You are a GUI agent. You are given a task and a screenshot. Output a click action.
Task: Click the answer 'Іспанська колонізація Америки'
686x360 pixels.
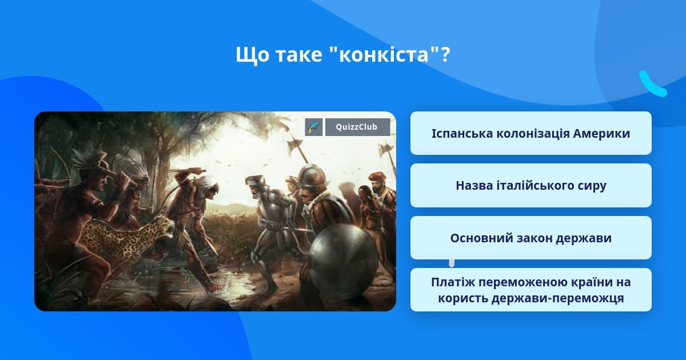pyautogui.click(x=531, y=133)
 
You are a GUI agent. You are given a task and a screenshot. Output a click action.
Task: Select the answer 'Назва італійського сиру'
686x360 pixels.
pyautogui.click(x=531, y=186)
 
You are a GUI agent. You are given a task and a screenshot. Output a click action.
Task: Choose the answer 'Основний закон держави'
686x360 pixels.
pyautogui.click(x=531, y=238)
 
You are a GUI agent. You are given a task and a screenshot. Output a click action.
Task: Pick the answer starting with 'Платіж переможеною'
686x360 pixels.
pyautogui.click(x=531, y=290)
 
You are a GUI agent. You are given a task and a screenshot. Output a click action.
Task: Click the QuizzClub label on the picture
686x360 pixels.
pyautogui.click(x=357, y=127)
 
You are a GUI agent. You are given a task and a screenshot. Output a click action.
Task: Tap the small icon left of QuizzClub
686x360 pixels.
pyautogui.click(x=314, y=127)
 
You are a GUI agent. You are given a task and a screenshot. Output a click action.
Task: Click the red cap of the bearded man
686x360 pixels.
pyautogui.click(x=377, y=177)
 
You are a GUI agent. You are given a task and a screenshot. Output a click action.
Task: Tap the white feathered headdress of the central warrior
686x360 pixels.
pyautogui.click(x=208, y=183)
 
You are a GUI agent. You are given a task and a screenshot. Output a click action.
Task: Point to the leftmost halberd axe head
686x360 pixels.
pyautogui.click(x=295, y=143)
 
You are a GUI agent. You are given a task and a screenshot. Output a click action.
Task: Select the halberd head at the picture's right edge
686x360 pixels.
pyautogui.click(x=386, y=149)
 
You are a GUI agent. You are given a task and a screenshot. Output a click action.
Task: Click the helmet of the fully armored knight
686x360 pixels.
pyautogui.click(x=256, y=182)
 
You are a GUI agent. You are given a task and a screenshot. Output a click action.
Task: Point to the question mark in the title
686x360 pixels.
pyautogui.click(x=445, y=54)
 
